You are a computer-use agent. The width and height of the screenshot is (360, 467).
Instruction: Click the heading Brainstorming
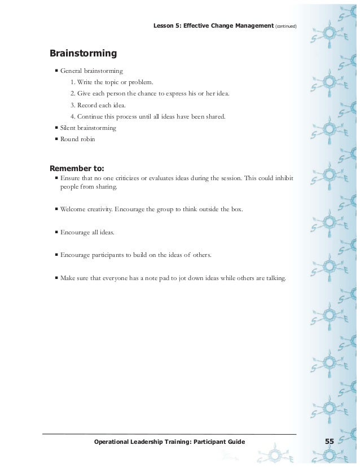83,54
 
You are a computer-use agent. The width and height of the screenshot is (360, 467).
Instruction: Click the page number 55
330,441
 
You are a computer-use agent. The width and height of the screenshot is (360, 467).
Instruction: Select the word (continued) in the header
286,26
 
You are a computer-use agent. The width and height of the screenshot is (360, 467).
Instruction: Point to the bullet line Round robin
78,139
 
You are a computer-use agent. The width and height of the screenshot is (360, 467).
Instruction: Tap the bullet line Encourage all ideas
87,232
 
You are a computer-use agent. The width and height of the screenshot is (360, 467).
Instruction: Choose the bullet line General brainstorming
91,71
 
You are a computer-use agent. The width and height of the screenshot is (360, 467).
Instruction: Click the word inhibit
282,178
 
